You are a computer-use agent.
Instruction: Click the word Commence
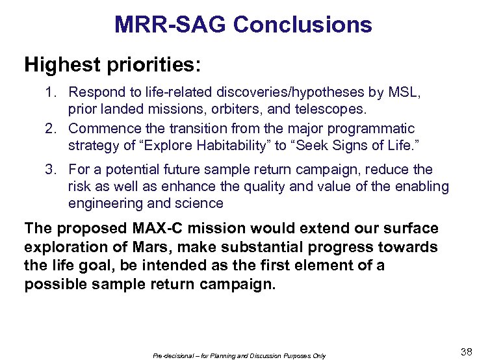[x=102, y=129]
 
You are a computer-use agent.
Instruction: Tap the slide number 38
[x=466, y=352]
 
